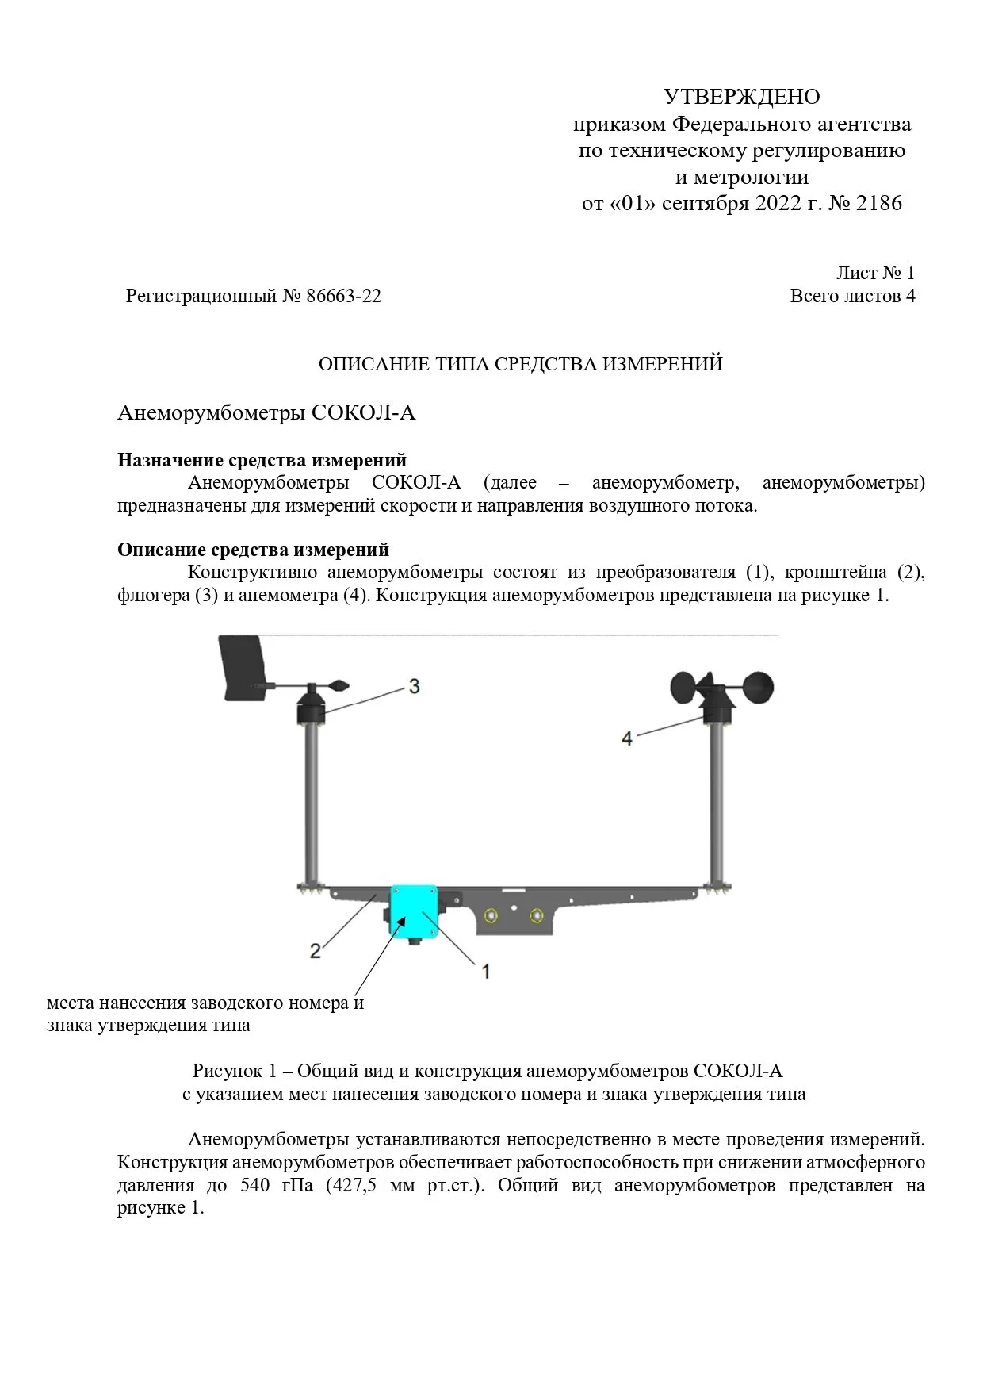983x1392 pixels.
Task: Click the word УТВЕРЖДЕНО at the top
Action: click(741, 97)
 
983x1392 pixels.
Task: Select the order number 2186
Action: click(879, 203)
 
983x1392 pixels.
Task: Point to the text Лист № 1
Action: click(874, 273)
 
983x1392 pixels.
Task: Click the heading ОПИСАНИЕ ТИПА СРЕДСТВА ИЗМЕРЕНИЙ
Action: click(520, 364)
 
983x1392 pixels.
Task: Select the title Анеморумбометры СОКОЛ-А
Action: click(266, 413)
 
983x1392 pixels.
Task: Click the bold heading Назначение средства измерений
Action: click(262, 460)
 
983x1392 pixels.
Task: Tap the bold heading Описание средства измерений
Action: click(253, 550)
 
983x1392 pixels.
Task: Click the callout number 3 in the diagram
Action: click(414, 686)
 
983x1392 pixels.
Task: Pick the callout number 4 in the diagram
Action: click(627, 738)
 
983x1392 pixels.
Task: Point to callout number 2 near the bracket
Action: click(316, 949)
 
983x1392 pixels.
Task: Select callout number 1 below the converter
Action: click(486, 970)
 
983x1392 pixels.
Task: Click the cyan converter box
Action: click(414, 911)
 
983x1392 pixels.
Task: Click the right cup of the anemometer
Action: click(758, 688)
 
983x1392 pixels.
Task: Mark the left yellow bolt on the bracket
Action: click(492, 915)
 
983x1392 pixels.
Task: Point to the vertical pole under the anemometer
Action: click(717, 801)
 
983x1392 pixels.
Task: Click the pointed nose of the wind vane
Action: click(341, 684)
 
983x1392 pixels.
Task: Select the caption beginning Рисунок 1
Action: click(487, 1071)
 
